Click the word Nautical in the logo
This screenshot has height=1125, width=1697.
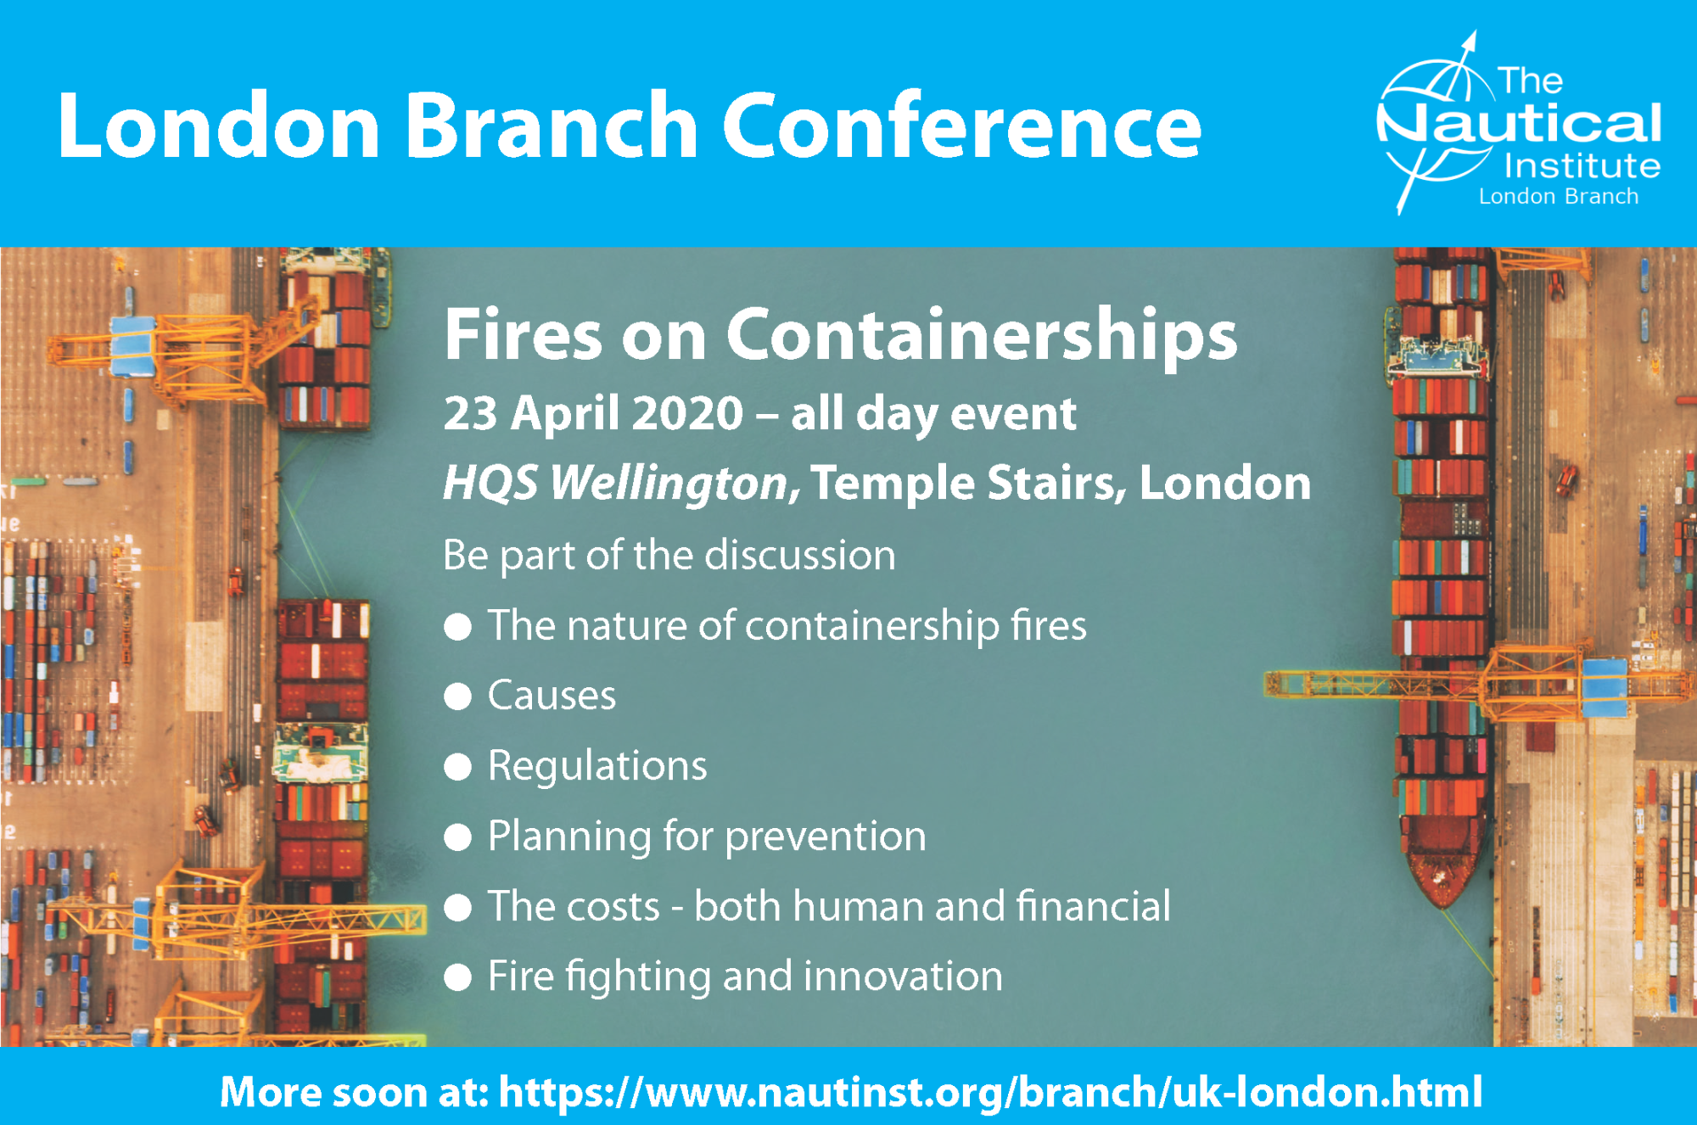pyautogui.click(x=1519, y=123)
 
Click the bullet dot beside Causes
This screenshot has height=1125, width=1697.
pyautogui.click(x=458, y=697)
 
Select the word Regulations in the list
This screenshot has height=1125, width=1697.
pyautogui.click(x=597, y=766)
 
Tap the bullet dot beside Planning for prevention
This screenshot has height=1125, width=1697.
pyautogui.click(x=458, y=837)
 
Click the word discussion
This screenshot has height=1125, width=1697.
pyautogui.click(x=800, y=556)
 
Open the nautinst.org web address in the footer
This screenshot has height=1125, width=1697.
pyautogui.click(x=990, y=1092)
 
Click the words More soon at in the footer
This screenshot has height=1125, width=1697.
pyautogui.click(x=354, y=1092)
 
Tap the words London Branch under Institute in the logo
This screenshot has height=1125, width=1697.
pyautogui.click(x=1559, y=196)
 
